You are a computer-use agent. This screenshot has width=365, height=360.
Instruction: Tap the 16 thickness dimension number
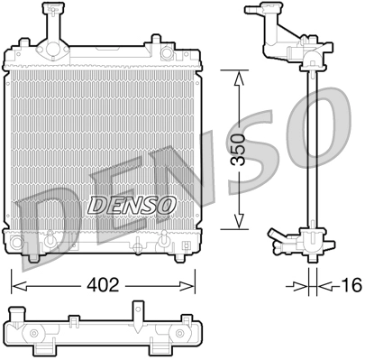(x=351, y=285)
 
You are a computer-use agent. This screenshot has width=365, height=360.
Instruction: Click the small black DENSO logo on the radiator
(x=131, y=206)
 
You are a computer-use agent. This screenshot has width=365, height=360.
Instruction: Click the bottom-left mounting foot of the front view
(x=34, y=256)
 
